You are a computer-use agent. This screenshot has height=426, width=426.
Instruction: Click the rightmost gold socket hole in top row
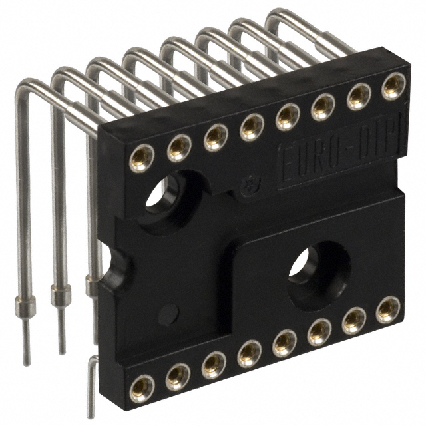pyautogui.click(x=393, y=85)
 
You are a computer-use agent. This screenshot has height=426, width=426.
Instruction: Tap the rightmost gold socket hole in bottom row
pyautogui.click(x=388, y=310)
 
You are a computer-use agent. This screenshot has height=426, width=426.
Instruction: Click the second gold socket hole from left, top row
pyautogui.click(x=179, y=148)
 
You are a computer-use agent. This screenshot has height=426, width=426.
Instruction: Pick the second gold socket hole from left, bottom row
pyautogui.click(x=178, y=376)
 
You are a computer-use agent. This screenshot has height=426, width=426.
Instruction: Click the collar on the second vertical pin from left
pyautogui.click(x=61, y=293)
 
